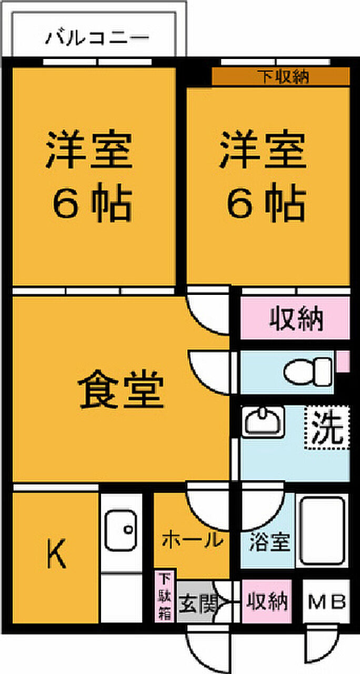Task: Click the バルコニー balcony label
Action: point(97,38)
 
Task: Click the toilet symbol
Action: point(308,371)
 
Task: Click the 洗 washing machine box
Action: point(327,427)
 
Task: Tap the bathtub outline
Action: point(321,530)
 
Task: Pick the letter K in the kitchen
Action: point(56,556)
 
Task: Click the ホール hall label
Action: point(191,540)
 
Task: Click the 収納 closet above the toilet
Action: point(296,319)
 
